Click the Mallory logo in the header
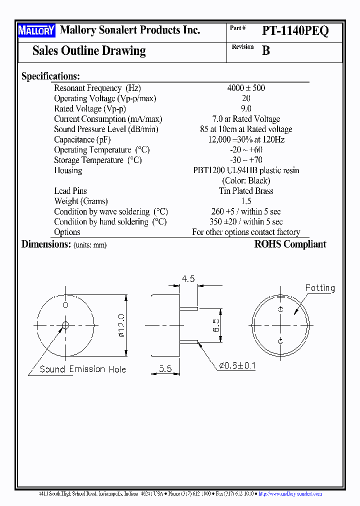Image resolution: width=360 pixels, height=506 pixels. pos(36,31)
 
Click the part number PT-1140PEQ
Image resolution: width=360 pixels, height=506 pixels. pos(295,31)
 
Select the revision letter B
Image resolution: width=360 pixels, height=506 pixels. pos(266,50)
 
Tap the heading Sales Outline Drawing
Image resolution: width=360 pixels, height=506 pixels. pos(89,50)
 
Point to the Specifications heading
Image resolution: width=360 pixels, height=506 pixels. pos(50,76)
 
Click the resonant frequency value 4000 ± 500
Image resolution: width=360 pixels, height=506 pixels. pos(246,88)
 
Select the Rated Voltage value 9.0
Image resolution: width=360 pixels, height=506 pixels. pos(246,108)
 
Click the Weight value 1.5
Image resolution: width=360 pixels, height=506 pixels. pos(246,201)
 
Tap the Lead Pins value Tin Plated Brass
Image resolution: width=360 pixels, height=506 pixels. pos(246,191)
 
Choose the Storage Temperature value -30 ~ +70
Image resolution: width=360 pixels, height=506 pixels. pos(246,160)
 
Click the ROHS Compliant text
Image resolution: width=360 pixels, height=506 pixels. pos(290,244)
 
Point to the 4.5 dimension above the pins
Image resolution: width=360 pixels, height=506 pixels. pos(188,279)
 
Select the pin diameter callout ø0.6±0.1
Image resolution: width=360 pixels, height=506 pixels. pos(237,365)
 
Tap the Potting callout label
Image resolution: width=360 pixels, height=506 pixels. pos(320,288)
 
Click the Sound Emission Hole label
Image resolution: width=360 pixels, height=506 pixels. pos(83,369)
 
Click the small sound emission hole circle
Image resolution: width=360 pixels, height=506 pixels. pos(65,325)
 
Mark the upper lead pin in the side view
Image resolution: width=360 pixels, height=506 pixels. pos(189,308)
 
